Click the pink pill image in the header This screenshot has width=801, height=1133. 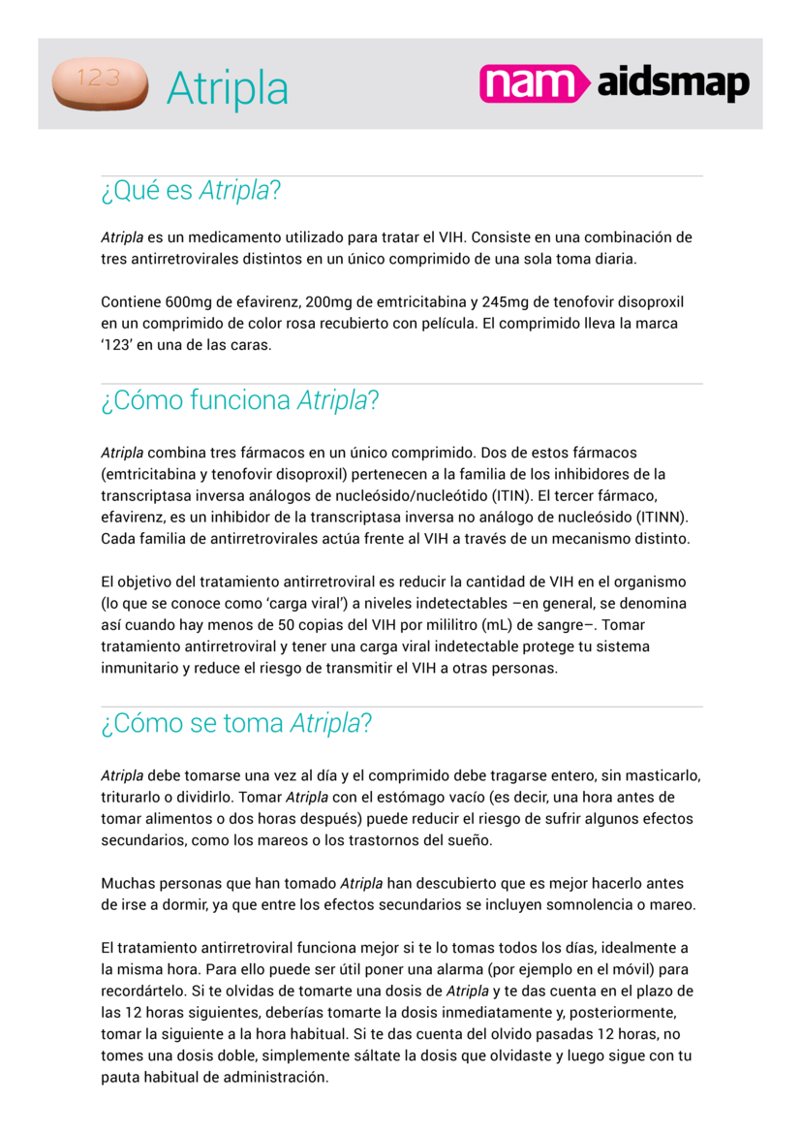coord(100,83)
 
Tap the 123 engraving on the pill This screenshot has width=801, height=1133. coord(99,79)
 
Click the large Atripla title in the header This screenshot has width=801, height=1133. coord(228,89)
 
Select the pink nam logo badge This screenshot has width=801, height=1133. coord(534,84)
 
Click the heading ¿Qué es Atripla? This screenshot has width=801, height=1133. coord(191,191)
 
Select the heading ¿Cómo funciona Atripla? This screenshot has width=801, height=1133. coord(239,399)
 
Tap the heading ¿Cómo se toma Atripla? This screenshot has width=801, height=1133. coord(236,723)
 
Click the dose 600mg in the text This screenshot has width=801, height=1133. coord(188,302)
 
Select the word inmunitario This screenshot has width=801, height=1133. coord(139,668)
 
